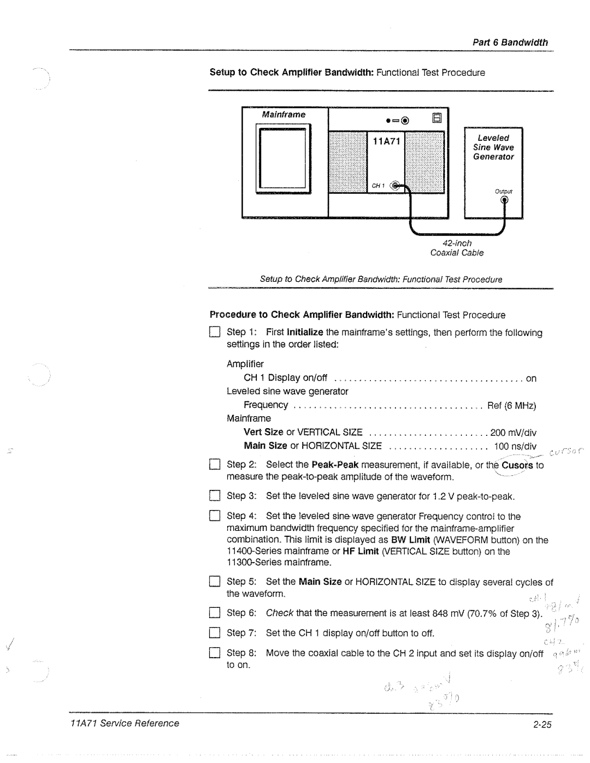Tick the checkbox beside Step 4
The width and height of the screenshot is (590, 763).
215,516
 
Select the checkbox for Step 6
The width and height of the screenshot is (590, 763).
215,613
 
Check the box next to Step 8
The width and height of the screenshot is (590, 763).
215,653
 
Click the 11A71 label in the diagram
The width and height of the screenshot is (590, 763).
387,142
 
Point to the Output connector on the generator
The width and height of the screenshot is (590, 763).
504,200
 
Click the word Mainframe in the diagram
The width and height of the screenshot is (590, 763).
284,115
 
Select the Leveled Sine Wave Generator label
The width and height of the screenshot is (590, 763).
493,147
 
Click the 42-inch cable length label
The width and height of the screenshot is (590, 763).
457,242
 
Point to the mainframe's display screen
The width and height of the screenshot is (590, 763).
282,158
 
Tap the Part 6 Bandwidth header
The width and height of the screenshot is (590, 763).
510,43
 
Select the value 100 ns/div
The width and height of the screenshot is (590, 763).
515,446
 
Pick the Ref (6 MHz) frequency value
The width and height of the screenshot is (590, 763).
511,405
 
